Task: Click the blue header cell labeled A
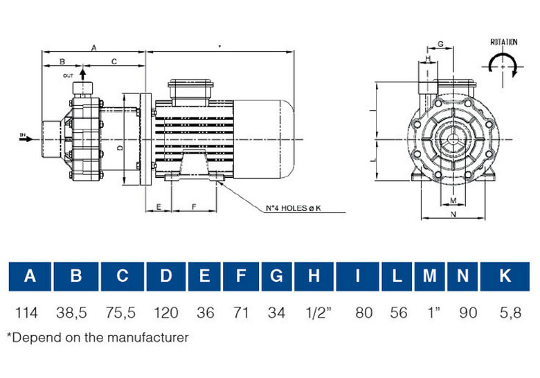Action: [x=30, y=276]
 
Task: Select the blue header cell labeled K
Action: [x=505, y=276]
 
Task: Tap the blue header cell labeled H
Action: [x=314, y=276]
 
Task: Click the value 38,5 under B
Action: [x=73, y=314]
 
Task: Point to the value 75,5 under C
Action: [x=120, y=314]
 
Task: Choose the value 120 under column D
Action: [x=165, y=314]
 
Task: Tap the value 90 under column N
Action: [x=468, y=314]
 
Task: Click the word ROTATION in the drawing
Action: [x=503, y=42]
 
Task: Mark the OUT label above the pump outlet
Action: [x=68, y=74]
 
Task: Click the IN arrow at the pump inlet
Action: [x=26, y=137]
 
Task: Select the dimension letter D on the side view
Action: [x=119, y=147]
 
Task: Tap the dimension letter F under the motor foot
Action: [x=194, y=206]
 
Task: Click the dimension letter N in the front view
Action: [x=453, y=215]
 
